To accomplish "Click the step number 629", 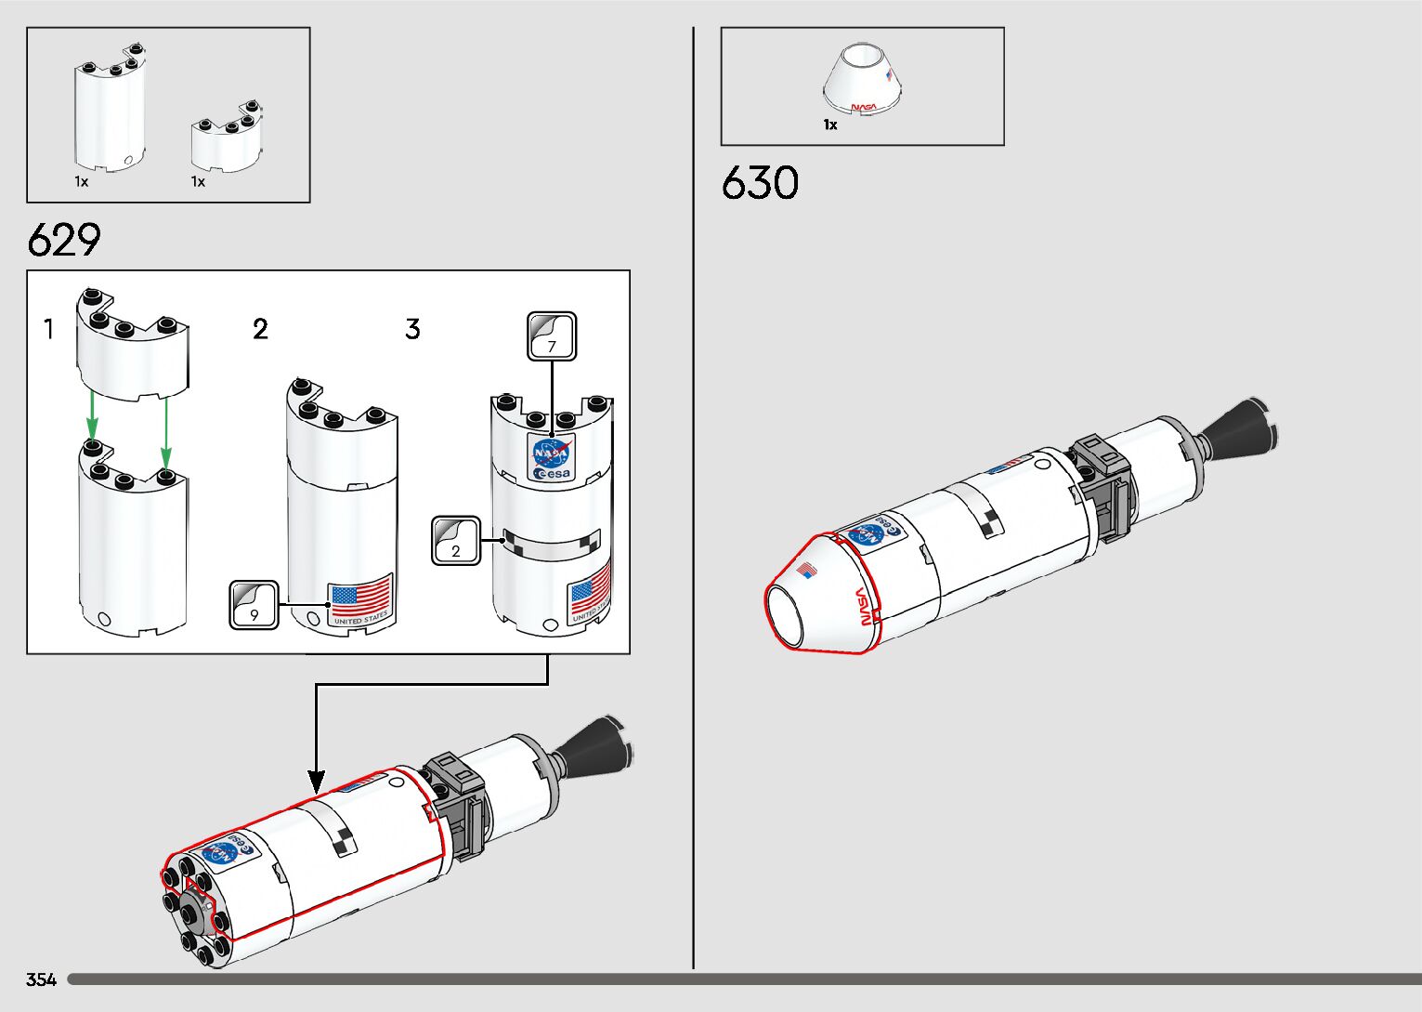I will coord(64,240).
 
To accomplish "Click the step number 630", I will coord(759,183).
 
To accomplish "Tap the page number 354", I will coord(41,979).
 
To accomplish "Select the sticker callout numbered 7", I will coord(552,336).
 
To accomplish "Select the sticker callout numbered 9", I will coord(254,605).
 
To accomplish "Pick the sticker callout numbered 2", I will coord(456,541).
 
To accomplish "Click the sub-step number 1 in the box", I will coord(49,329).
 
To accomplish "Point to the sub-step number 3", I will coord(412,329).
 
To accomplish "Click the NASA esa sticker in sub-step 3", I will coord(552,456).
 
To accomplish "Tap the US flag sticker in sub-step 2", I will coord(360,599).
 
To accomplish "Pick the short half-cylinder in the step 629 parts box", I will coord(226,140).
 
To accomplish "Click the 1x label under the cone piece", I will coord(830,125).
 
